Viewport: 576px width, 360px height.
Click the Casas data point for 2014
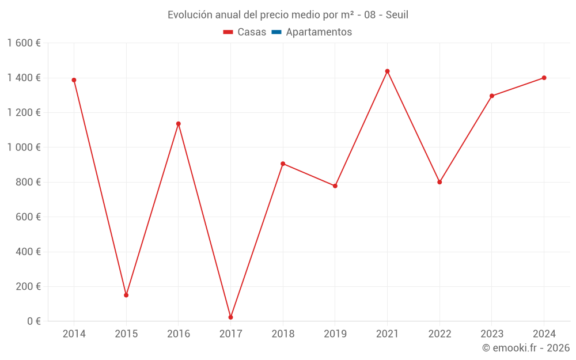coord(74,80)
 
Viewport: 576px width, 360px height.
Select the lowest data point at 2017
coord(230,317)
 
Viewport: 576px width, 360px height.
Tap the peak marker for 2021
coord(387,71)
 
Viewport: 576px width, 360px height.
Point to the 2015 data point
coord(126,295)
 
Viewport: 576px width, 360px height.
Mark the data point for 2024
coord(544,78)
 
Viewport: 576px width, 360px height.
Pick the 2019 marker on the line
coord(335,186)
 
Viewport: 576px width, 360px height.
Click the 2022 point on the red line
coord(439,182)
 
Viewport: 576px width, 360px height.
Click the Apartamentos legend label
coord(319,32)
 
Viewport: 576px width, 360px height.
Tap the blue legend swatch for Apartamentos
coord(276,32)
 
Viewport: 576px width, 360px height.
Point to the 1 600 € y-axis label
coord(24,43)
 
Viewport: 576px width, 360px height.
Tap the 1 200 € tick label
coord(24,112)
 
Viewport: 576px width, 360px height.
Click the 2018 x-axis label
coord(283,334)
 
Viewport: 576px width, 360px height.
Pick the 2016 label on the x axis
coord(178,334)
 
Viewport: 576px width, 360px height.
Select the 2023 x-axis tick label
coord(491,334)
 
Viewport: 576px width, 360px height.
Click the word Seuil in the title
coord(397,15)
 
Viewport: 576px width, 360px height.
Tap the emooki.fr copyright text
coord(526,348)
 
